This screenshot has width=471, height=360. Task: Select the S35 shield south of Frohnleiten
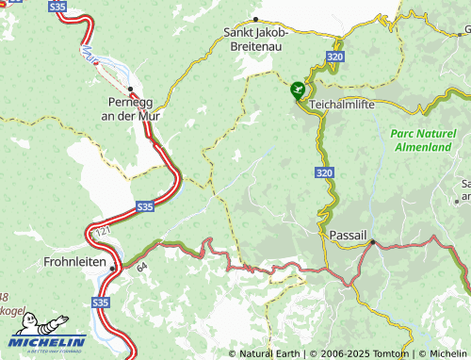101,303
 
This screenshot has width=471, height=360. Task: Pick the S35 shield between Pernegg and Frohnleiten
145,205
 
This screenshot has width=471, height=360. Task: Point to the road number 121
103,230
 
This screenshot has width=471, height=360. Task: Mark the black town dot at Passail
373,242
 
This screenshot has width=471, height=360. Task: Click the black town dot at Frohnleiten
112,268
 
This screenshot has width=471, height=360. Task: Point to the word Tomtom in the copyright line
387,353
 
